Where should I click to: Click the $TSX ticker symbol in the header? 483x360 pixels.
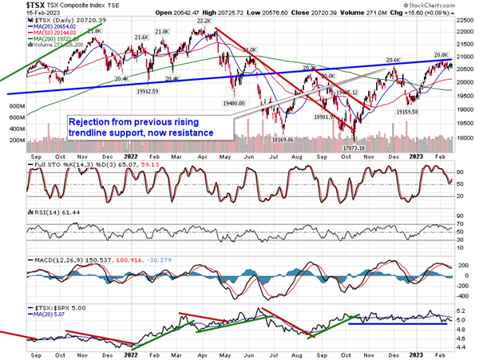click(x=16, y=6)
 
